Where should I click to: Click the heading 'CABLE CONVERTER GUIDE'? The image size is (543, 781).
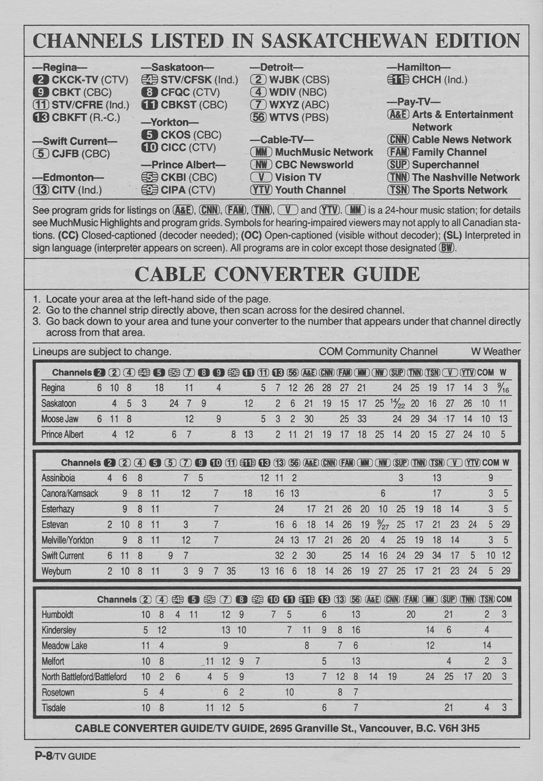point(277,274)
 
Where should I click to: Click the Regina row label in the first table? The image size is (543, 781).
point(53,388)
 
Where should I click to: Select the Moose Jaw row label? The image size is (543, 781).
point(59,419)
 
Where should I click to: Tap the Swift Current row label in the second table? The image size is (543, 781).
point(63,556)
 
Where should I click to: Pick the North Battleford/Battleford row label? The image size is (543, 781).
point(84,677)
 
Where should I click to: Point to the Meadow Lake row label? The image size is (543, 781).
point(64,646)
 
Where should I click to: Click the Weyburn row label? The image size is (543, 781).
point(56,572)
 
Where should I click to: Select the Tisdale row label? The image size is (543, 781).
point(53,707)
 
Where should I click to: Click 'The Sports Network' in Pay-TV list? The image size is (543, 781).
point(459,190)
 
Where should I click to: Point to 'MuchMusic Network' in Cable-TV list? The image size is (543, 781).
point(324,152)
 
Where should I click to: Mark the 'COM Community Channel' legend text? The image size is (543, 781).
point(378,352)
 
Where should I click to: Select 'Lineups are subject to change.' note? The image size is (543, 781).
point(102,352)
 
